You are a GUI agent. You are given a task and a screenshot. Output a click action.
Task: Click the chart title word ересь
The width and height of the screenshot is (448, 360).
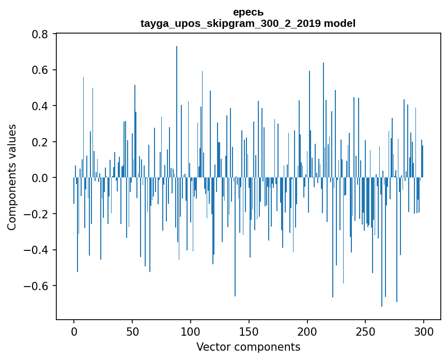coord(248,12)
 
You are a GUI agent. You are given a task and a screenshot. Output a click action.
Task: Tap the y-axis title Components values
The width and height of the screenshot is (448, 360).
coord(12,177)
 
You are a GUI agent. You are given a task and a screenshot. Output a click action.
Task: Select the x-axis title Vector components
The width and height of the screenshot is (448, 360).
coord(248,347)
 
